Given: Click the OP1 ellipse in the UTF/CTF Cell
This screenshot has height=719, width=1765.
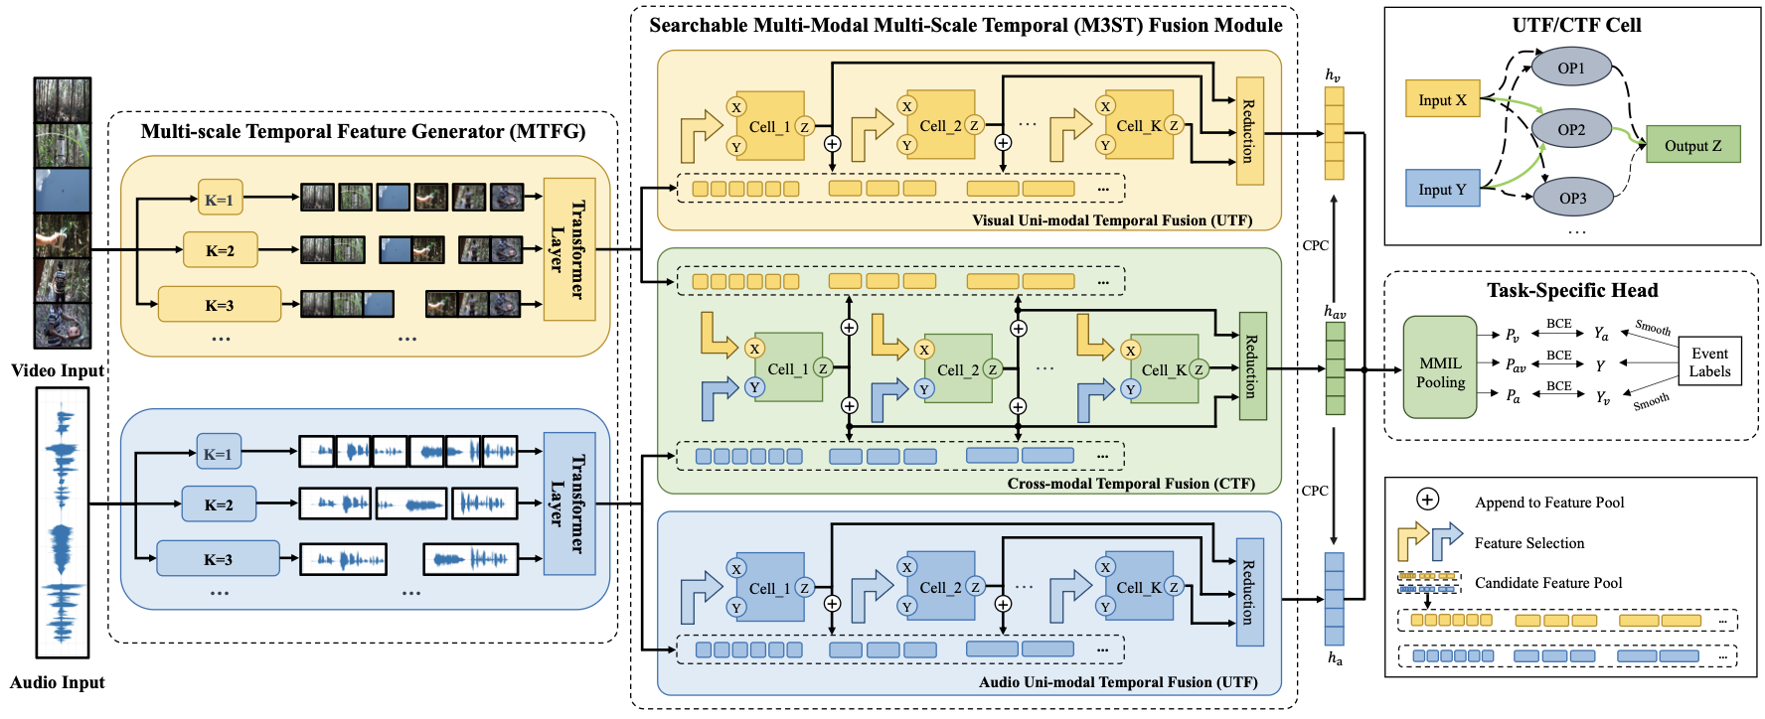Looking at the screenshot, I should pos(1571,68).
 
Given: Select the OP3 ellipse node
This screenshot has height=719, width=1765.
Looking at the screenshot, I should pos(1572,198).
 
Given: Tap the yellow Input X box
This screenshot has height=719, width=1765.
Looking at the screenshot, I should pos(1442,99).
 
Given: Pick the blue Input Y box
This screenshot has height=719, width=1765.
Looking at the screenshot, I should pos(1442,189).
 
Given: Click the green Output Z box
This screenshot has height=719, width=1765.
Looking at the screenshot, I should pos(1693,145).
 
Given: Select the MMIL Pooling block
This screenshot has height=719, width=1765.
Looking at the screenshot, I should pos(1440,372).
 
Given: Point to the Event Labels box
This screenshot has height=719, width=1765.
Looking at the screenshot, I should pos(1709,362).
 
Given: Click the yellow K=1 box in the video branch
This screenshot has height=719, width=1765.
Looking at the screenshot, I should pos(220,200).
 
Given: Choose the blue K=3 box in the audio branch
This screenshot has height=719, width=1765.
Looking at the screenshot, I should pos(218,559).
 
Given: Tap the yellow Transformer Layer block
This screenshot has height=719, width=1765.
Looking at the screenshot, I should pos(569,249).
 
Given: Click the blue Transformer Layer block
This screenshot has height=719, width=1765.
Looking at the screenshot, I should pos(569,503).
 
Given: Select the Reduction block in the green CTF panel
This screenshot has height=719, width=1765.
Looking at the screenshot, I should pos(1252,365).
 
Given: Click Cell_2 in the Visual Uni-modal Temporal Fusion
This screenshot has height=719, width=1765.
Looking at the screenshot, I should pos(941,125).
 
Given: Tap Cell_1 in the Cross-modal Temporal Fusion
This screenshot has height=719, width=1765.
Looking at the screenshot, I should pos(788,368).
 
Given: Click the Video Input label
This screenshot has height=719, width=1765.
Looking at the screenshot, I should pos(58,370).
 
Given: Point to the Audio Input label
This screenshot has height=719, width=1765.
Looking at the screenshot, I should pos(58,682).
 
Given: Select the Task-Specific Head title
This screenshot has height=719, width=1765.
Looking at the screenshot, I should pos(1572,290).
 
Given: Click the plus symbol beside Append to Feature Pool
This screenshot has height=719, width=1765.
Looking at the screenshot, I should pos(1427,500).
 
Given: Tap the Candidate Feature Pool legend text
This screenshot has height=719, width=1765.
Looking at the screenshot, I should pos(1548,583).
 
